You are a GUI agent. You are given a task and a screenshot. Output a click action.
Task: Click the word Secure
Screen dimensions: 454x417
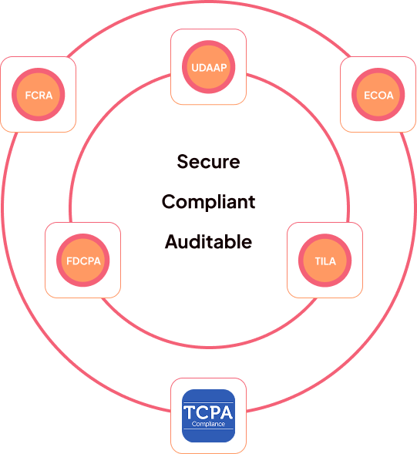(x=208, y=162)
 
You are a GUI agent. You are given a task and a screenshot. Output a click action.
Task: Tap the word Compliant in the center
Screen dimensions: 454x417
(x=208, y=202)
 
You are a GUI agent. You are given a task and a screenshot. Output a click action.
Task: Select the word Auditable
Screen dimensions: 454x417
(x=208, y=242)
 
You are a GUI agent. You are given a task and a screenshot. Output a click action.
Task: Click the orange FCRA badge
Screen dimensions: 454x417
(x=39, y=95)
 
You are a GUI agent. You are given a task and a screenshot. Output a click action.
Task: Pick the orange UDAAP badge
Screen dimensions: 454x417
(x=208, y=67)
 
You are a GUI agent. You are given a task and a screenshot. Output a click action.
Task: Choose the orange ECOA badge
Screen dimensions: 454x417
(x=378, y=95)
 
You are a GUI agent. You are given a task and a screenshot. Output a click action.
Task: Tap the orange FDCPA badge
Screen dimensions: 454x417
(x=83, y=261)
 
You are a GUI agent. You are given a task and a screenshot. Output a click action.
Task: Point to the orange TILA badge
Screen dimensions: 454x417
(x=325, y=261)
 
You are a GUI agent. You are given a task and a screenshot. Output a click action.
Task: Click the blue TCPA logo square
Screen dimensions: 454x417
(x=208, y=415)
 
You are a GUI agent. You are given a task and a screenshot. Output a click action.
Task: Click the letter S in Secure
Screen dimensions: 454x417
(x=183, y=162)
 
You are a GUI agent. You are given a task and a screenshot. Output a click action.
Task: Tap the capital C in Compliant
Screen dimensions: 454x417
(x=168, y=202)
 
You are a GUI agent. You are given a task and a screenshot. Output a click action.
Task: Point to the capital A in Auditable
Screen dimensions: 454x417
(x=171, y=242)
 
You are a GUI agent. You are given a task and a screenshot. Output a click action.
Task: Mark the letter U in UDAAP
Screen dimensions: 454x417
(x=195, y=67)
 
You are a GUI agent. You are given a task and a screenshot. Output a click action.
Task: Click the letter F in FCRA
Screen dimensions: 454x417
(x=29, y=96)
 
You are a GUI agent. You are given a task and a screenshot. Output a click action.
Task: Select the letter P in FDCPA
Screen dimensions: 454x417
(x=89, y=261)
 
